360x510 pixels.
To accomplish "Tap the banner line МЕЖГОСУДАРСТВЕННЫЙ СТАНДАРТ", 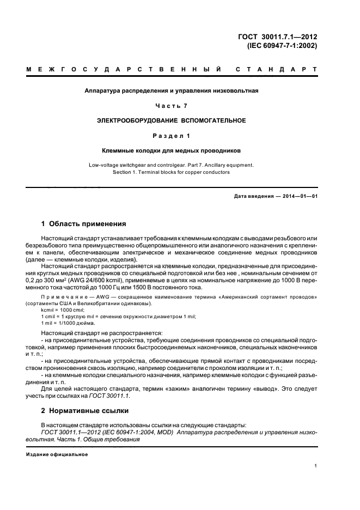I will (172, 70).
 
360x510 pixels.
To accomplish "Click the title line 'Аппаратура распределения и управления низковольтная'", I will (172, 90).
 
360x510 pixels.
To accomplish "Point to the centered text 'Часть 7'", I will (172, 105).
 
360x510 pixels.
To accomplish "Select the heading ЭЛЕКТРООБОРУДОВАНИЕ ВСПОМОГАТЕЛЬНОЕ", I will (172, 120).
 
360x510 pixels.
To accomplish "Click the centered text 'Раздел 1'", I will (172, 135).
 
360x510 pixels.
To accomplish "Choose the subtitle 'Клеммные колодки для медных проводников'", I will (172, 149).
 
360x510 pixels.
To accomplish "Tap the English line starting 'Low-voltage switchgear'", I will (172, 164).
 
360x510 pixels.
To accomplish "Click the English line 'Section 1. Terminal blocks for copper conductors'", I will (172, 172).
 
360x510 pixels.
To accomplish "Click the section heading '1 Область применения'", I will (84, 223).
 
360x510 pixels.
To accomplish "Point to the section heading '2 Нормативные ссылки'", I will (84, 411).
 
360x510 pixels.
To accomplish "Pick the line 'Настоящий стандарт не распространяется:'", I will (94, 332).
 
